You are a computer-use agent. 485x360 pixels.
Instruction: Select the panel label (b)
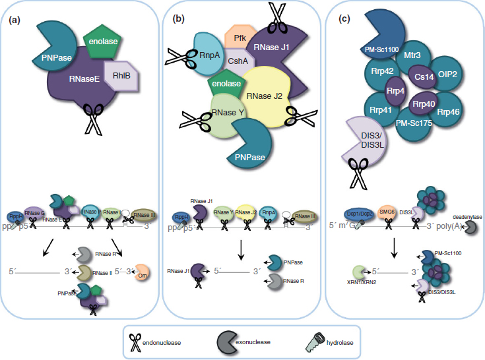pyautogui.click(x=178, y=20)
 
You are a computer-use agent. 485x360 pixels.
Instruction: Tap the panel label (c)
pyautogui.click(x=344, y=20)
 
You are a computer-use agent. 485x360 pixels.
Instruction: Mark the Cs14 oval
pyautogui.click(x=420, y=76)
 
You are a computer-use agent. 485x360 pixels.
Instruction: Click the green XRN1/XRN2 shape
pyautogui.click(x=359, y=272)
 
